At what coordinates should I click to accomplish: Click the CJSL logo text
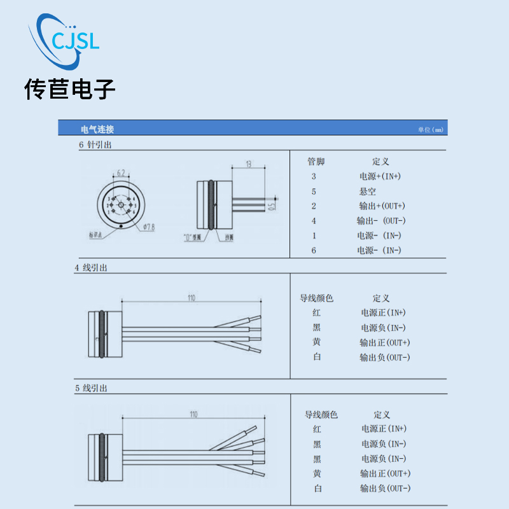click(x=75, y=42)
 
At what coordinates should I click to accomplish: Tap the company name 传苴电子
click(x=70, y=90)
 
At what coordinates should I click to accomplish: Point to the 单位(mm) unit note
click(x=429, y=130)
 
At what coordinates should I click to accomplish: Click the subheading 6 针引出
click(x=95, y=145)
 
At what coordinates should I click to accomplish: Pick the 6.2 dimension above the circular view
click(x=120, y=172)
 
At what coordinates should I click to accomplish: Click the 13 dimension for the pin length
click(x=248, y=164)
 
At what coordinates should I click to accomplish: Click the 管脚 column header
click(x=316, y=162)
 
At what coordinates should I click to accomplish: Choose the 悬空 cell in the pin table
click(x=368, y=191)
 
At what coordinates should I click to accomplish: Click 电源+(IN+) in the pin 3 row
click(x=380, y=176)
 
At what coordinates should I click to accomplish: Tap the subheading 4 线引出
click(x=91, y=268)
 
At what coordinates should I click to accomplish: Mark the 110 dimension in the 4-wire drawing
click(x=191, y=297)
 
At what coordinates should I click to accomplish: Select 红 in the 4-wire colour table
click(x=317, y=313)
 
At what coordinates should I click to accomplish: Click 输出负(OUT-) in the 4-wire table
click(x=385, y=358)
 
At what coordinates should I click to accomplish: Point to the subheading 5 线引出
click(x=91, y=388)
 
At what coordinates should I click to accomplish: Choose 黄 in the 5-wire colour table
click(x=317, y=473)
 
